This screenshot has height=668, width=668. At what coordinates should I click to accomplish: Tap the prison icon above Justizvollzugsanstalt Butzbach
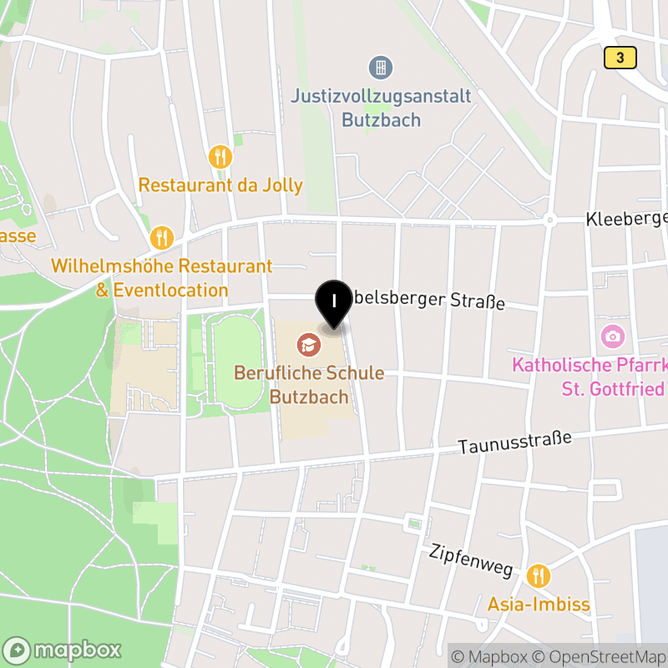(381, 67)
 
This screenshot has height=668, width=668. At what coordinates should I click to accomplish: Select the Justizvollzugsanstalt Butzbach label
(381, 108)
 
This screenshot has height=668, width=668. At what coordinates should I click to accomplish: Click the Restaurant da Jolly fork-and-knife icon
(220, 156)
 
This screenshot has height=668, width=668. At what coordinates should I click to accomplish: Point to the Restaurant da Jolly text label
(220, 185)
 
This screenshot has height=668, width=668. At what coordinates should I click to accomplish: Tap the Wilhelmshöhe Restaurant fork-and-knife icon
(162, 238)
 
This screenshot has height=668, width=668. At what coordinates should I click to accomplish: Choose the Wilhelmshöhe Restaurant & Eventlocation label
(162, 278)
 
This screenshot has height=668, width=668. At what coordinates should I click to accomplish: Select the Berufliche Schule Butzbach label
(309, 384)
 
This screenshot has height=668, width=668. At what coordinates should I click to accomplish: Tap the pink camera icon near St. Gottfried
(612, 337)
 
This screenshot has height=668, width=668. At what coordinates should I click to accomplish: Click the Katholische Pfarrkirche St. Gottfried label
(590, 377)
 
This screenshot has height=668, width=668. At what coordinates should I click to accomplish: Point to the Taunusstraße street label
(514, 443)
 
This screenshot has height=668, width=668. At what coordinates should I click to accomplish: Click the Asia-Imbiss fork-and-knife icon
(539, 575)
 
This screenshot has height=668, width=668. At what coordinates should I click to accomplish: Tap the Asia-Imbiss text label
(539, 605)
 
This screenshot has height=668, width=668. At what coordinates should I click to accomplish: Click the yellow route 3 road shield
(620, 58)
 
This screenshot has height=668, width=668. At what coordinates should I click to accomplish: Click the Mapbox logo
(63, 650)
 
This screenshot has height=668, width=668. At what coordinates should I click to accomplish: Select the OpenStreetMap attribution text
(598, 656)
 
